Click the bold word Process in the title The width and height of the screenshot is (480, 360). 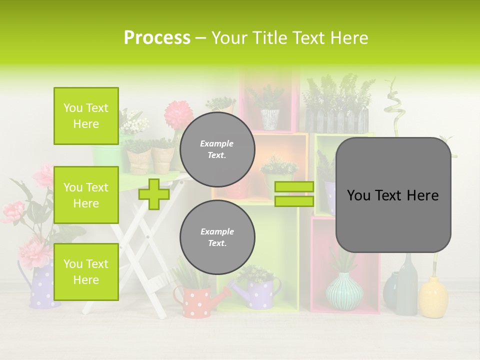(157, 37)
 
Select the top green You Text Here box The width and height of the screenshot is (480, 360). (86, 116)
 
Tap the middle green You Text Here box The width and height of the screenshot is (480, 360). (86, 195)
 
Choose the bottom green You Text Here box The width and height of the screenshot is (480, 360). (86, 272)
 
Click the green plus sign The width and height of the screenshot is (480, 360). (153, 194)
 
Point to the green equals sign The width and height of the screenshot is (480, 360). (294, 194)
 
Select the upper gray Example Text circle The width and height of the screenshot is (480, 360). (217, 149)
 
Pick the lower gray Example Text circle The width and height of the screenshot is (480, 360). (217, 237)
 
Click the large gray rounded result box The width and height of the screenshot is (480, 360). (393, 195)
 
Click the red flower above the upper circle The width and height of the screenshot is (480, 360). (178, 113)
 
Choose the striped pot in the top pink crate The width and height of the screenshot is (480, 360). (270, 119)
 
